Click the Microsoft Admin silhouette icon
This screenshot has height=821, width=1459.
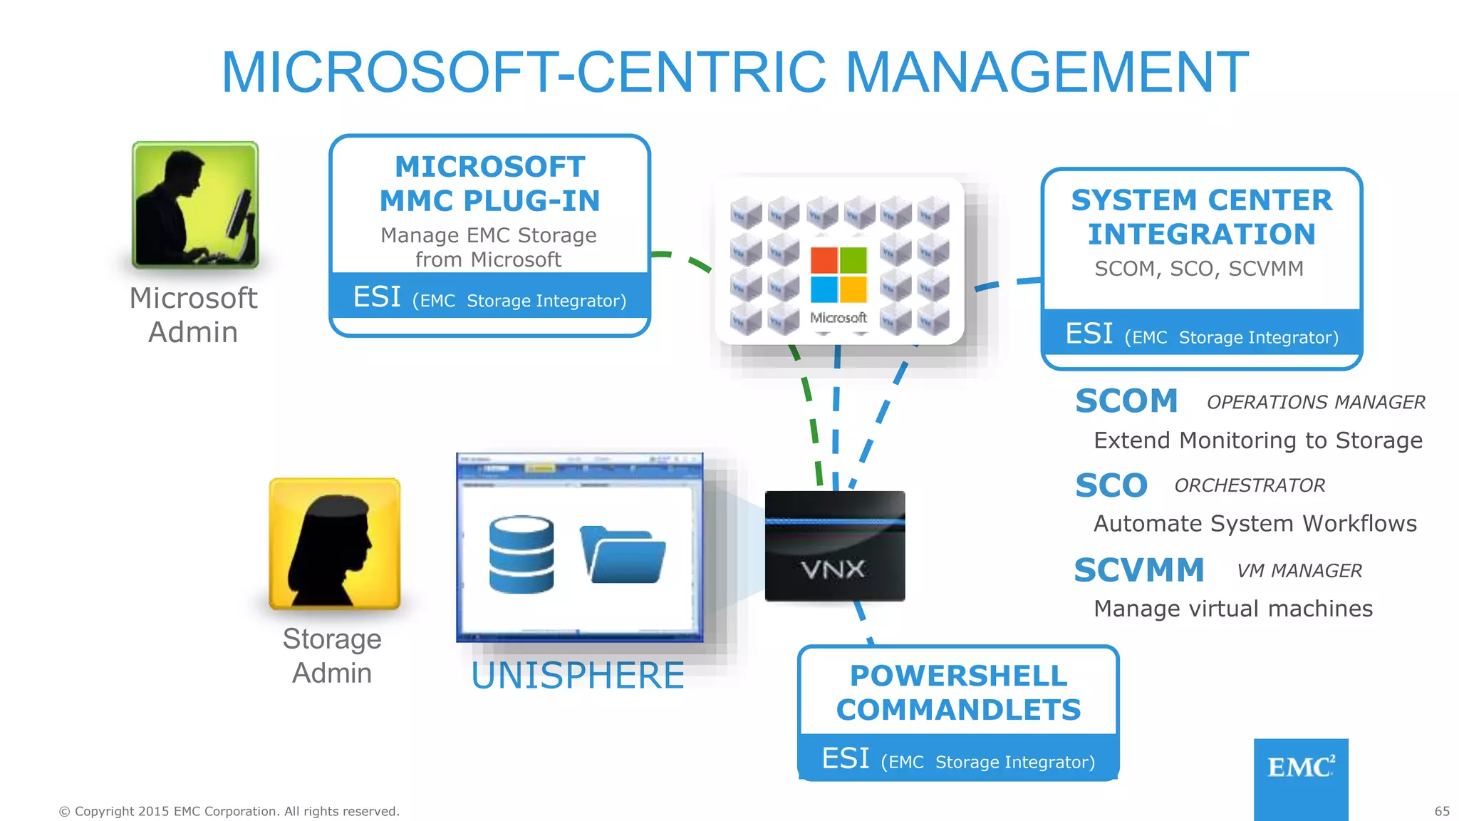(194, 205)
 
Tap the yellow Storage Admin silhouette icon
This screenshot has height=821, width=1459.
(334, 543)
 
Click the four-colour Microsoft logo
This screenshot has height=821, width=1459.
(838, 275)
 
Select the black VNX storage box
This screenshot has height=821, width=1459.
(834, 546)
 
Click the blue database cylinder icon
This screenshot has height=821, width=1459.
(521, 554)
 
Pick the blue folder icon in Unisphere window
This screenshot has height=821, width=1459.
(623, 556)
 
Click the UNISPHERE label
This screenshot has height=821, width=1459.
(578, 676)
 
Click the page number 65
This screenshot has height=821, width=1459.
(1442, 811)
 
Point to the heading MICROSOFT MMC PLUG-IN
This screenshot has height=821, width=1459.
(489, 184)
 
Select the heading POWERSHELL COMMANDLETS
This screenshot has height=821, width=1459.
(958, 693)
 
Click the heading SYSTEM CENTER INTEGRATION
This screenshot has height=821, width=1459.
(1201, 217)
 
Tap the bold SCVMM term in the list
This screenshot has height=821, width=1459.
(1138, 570)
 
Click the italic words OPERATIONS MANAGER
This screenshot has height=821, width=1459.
(1315, 403)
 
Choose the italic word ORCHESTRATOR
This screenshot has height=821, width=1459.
(1249, 485)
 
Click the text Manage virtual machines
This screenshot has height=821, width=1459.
(1232, 609)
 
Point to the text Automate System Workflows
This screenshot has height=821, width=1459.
(1255, 524)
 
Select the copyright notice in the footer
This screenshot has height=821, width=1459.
(229, 811)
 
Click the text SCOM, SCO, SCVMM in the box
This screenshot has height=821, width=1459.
(1198, 269)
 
